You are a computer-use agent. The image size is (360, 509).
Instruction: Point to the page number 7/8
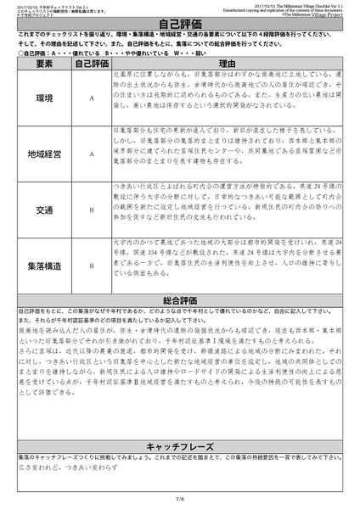180,498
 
